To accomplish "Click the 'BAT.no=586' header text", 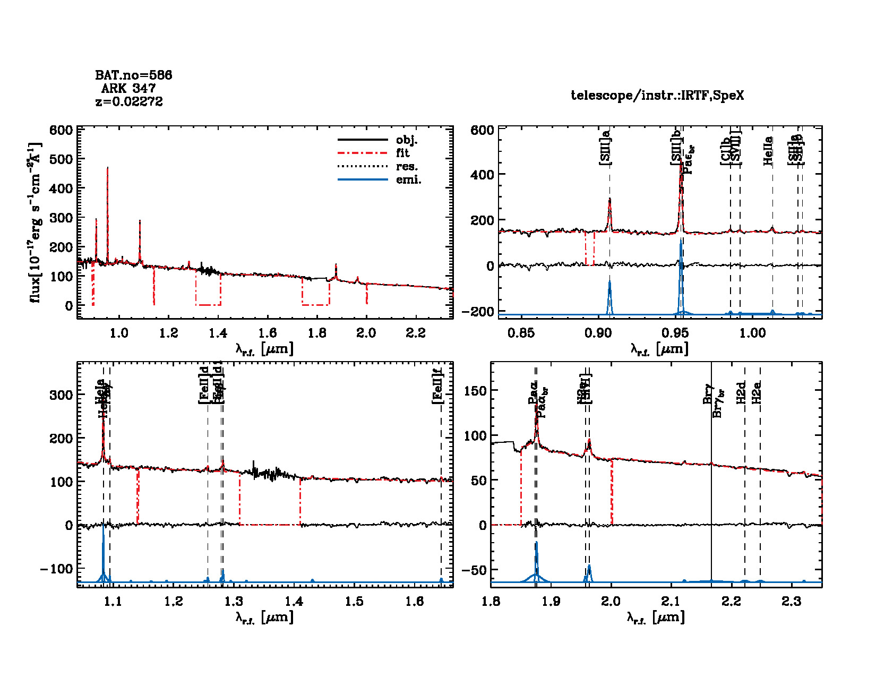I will pyautogui.click(x=133, y=75).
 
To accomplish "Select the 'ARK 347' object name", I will pyautogui.click(x=128, y=89).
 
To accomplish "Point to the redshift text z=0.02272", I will pyautogui.click(x=129, y=101).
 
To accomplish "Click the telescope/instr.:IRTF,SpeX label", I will pyautogui.click(x=657, y=96).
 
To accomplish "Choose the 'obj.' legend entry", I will pyautogui.click(x=407, y=140).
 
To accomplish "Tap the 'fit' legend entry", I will pyautogui.click(x=403, y=153).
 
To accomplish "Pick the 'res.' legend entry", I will pyautogui.click(x=407, y=167).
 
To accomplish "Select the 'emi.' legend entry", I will pyautogui.click(x=408, y=180).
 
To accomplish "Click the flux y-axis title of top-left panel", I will pyautogui.click(x=35, y=222).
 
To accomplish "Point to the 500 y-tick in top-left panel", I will pyautogui.click(x=61, y=159).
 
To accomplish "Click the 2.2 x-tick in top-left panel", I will pyautogui.click(x=416, y=333).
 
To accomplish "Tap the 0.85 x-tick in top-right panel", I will pyautogui.click(x=521, y=333).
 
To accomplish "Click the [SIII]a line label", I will pyautogui.click(x=605, y=147).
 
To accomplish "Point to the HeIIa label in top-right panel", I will pyautogui.click(x=768, y=151).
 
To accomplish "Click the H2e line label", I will pyautogui.click(x=758, y=392).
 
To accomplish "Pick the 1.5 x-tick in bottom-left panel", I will pyautogui.click(x=354, y=602).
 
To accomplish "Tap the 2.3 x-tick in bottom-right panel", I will pyautogui.click(x=792, y=602).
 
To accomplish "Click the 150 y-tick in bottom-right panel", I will pyautogui.click(x=475, y=391).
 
